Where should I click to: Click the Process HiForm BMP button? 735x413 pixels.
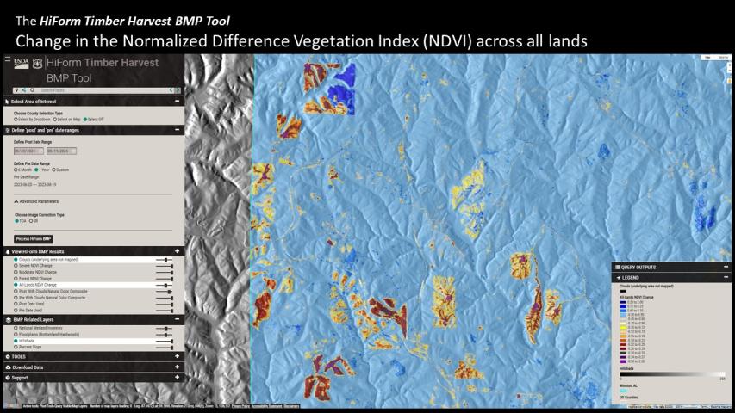point(34,238)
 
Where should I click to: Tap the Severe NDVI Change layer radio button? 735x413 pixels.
point(15,266)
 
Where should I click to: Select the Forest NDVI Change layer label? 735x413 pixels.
point(34,279)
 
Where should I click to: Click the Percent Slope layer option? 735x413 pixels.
point(31,347)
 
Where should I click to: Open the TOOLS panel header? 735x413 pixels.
point(17,356)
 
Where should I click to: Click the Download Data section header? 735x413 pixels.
point(26,367)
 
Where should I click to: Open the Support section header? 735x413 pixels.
point(19,377)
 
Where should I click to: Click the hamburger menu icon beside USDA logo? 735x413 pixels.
point(8,60)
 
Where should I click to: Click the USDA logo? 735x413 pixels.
point(22,63)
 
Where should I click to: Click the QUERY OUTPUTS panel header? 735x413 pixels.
point(638,267)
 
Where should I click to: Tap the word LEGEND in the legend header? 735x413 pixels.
point(630,277)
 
